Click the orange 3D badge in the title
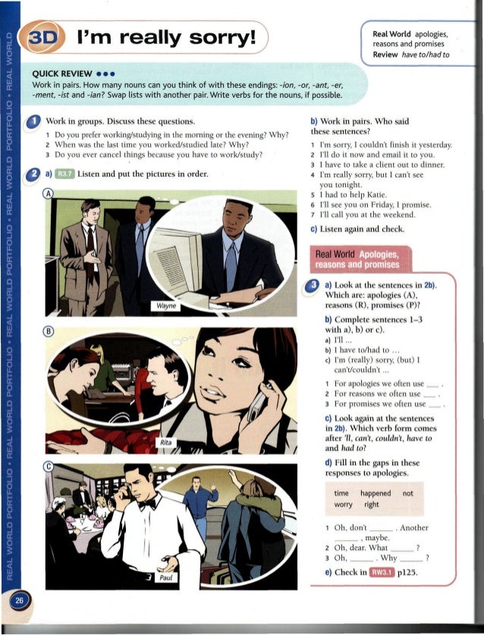coord(42,37)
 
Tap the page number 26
coord(19,600)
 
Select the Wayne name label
coord(166,306)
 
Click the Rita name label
coord(165,442)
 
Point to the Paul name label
coord(165,577)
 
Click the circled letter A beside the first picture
coord(49,193)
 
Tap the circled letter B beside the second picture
coord(49,332)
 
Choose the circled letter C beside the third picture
coord(49,467)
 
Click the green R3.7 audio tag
coord(64,174)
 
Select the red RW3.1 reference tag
coord(382,572)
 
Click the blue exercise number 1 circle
coord(33,122)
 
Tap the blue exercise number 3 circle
coord(313,285)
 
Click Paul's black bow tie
coord(147,505)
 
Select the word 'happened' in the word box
coord(376,493)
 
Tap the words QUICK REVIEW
coord(62,74)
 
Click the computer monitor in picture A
coord(176,257)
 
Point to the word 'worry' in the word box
coord(343,505)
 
